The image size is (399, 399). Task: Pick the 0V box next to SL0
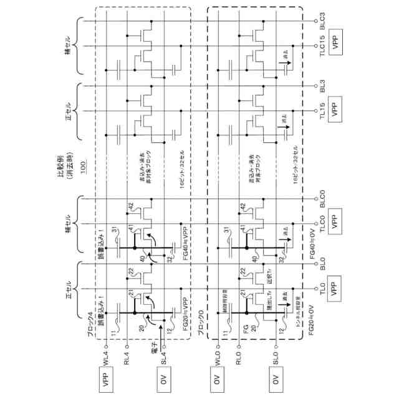(275, 382)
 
